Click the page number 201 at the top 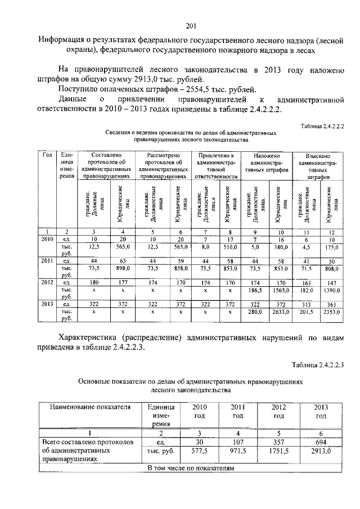pos(191,25)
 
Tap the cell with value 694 pos(321,442)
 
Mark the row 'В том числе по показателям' pos(190,467)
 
